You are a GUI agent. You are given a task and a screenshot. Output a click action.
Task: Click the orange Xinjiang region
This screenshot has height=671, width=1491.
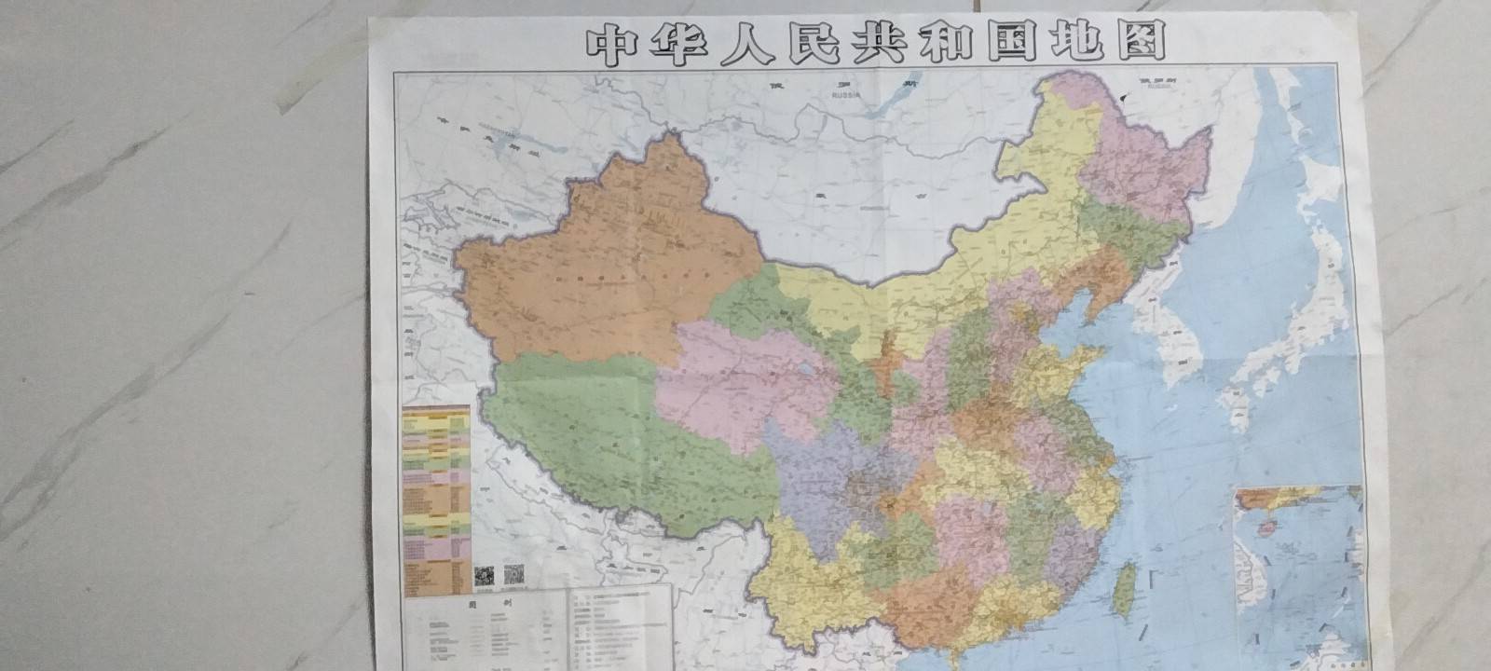(606, 261)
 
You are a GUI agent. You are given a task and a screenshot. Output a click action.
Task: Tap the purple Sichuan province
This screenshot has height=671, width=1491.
(820, 466)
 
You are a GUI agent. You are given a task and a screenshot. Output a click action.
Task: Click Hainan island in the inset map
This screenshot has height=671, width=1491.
(1265, 527)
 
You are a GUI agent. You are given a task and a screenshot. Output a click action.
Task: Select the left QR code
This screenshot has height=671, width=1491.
(483, 576)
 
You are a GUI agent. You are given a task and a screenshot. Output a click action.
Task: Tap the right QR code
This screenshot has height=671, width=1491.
(513, 576)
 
